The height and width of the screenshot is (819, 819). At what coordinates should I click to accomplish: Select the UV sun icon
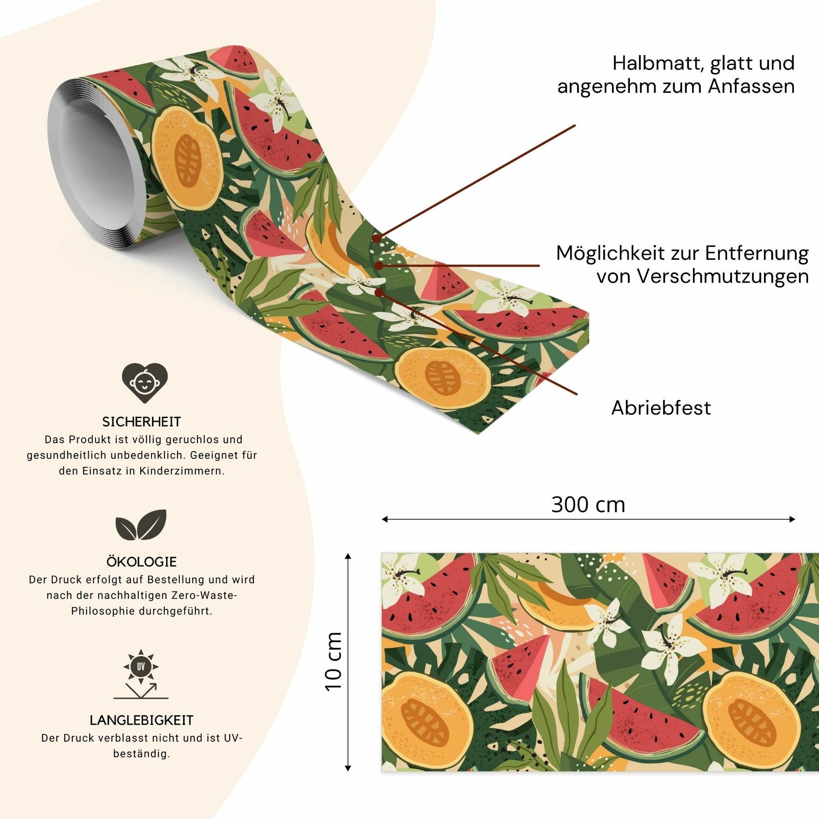pyautogui.click(x=141, y=674)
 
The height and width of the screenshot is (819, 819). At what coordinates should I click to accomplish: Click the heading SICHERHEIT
pyautogui.click(x=142, y=422)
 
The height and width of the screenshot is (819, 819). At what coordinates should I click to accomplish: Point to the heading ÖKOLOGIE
pyautogui.click(x=142, y=561)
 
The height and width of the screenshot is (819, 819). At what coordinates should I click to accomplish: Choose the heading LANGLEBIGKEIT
pyautogui.click(x=142, y=720)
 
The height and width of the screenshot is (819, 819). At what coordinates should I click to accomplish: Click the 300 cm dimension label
pyautogui.click(x=588, y=505)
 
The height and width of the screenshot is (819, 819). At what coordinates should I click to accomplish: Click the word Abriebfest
pyautogui.click(x=661, y=408)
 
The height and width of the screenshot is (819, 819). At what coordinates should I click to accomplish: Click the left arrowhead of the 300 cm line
pyautogui.click(x=385, y=519)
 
